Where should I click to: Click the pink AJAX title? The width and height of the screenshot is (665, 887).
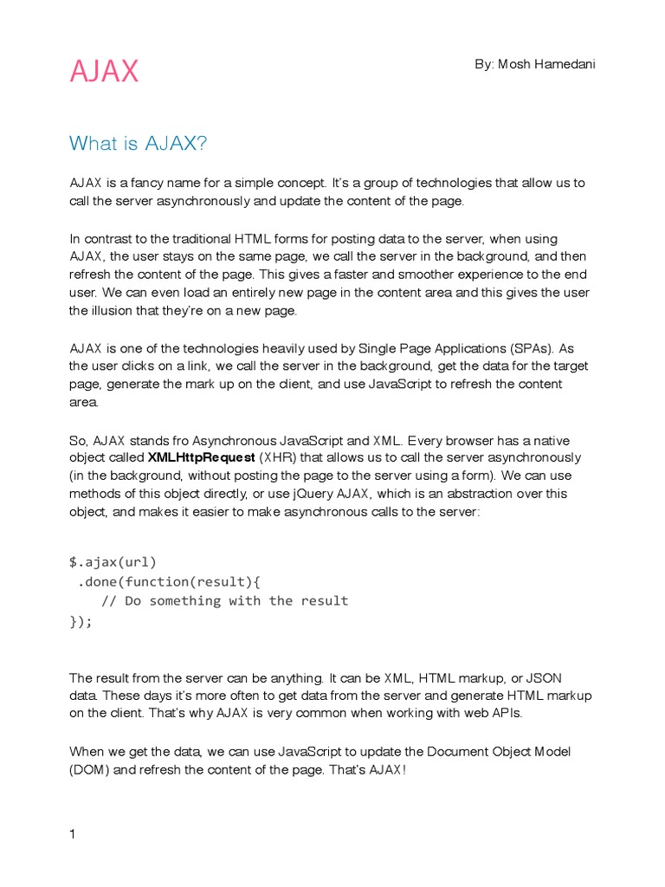pos(104,72)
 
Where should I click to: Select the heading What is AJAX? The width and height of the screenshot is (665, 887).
pos(139,143)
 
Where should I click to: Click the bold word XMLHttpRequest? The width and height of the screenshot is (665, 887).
pos(201,456)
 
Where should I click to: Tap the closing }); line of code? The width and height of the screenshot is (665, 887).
pos(81,620)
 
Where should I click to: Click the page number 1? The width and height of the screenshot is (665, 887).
pos(74,834)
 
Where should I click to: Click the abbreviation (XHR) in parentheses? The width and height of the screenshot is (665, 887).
pos(278,456)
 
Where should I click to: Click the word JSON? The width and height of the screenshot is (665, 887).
pos(545,677)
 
